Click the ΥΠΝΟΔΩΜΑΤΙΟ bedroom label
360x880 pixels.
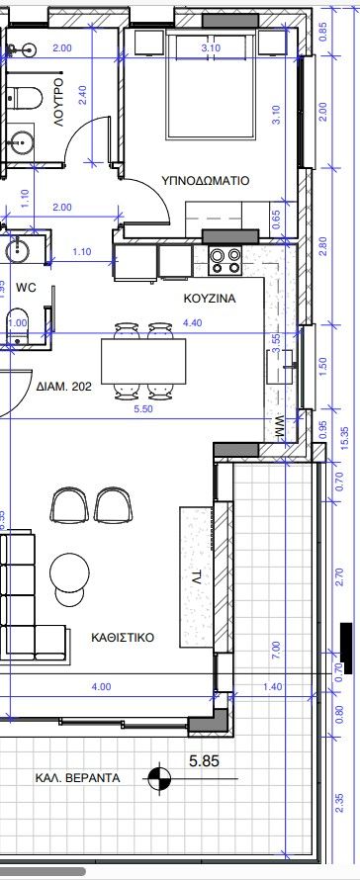click(206, 181)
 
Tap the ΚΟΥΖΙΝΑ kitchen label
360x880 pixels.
click(208, 297)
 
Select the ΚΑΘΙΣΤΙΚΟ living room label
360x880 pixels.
click(123, 638)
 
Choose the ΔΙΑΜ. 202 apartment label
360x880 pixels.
click(63, 387)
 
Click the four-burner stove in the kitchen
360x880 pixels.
click(224, 260)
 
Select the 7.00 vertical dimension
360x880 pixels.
click(276, 651)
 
